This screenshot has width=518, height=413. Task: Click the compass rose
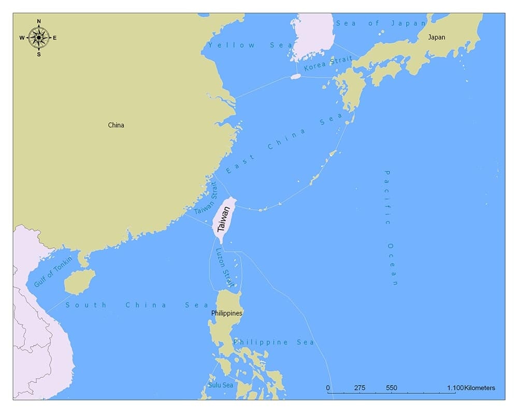pyautogui.click(x=39, y=37)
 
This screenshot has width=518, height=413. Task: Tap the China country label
pyautogui.click(x=116, y=125)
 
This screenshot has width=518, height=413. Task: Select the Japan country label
pyautogui.click(x=436, y=37)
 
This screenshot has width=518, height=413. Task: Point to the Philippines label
pyautogui.click(x=226, y=313)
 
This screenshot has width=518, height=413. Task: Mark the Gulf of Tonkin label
pyautogui.click(x=53, y=272)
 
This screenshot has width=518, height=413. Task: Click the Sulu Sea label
pyautogui.click(x=220, y=385)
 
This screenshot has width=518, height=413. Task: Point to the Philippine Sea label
pyautogui.click(x=274, y=342)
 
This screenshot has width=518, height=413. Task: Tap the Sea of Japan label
pyautogui.click(x=381, y=23)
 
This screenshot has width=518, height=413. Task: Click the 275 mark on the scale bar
pyautogui.click(x=359, y=388)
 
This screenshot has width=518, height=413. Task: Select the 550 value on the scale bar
pyautogui.click(x=392, y=388)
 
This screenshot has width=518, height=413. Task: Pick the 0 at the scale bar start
pyautogui.click(x=328, y=388)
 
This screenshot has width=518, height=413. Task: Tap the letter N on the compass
pyautogui.click(x=39, y=22)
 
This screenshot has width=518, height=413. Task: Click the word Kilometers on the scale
pyautogui.click(x=480, y=388)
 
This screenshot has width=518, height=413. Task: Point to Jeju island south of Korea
pyautogui.click(x=296, y=76)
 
